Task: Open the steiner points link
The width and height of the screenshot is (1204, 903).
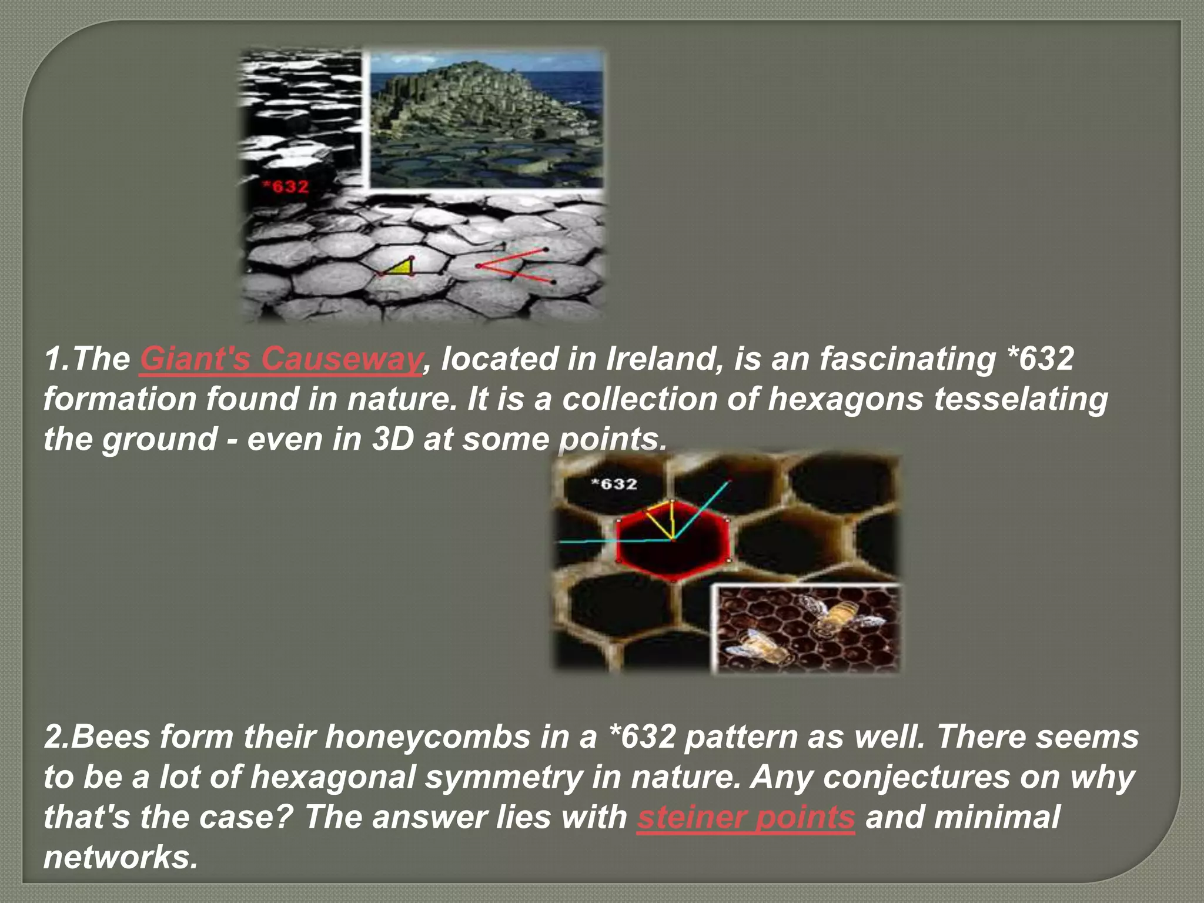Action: [x=745, y=817]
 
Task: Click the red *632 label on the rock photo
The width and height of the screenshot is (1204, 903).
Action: [x=285, y=187]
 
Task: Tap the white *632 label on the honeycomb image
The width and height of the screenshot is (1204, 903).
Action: [x=613, y=484]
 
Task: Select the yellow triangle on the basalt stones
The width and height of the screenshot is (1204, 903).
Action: [x=402, y=267]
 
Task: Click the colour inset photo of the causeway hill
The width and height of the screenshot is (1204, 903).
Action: [x=485, y=119]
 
